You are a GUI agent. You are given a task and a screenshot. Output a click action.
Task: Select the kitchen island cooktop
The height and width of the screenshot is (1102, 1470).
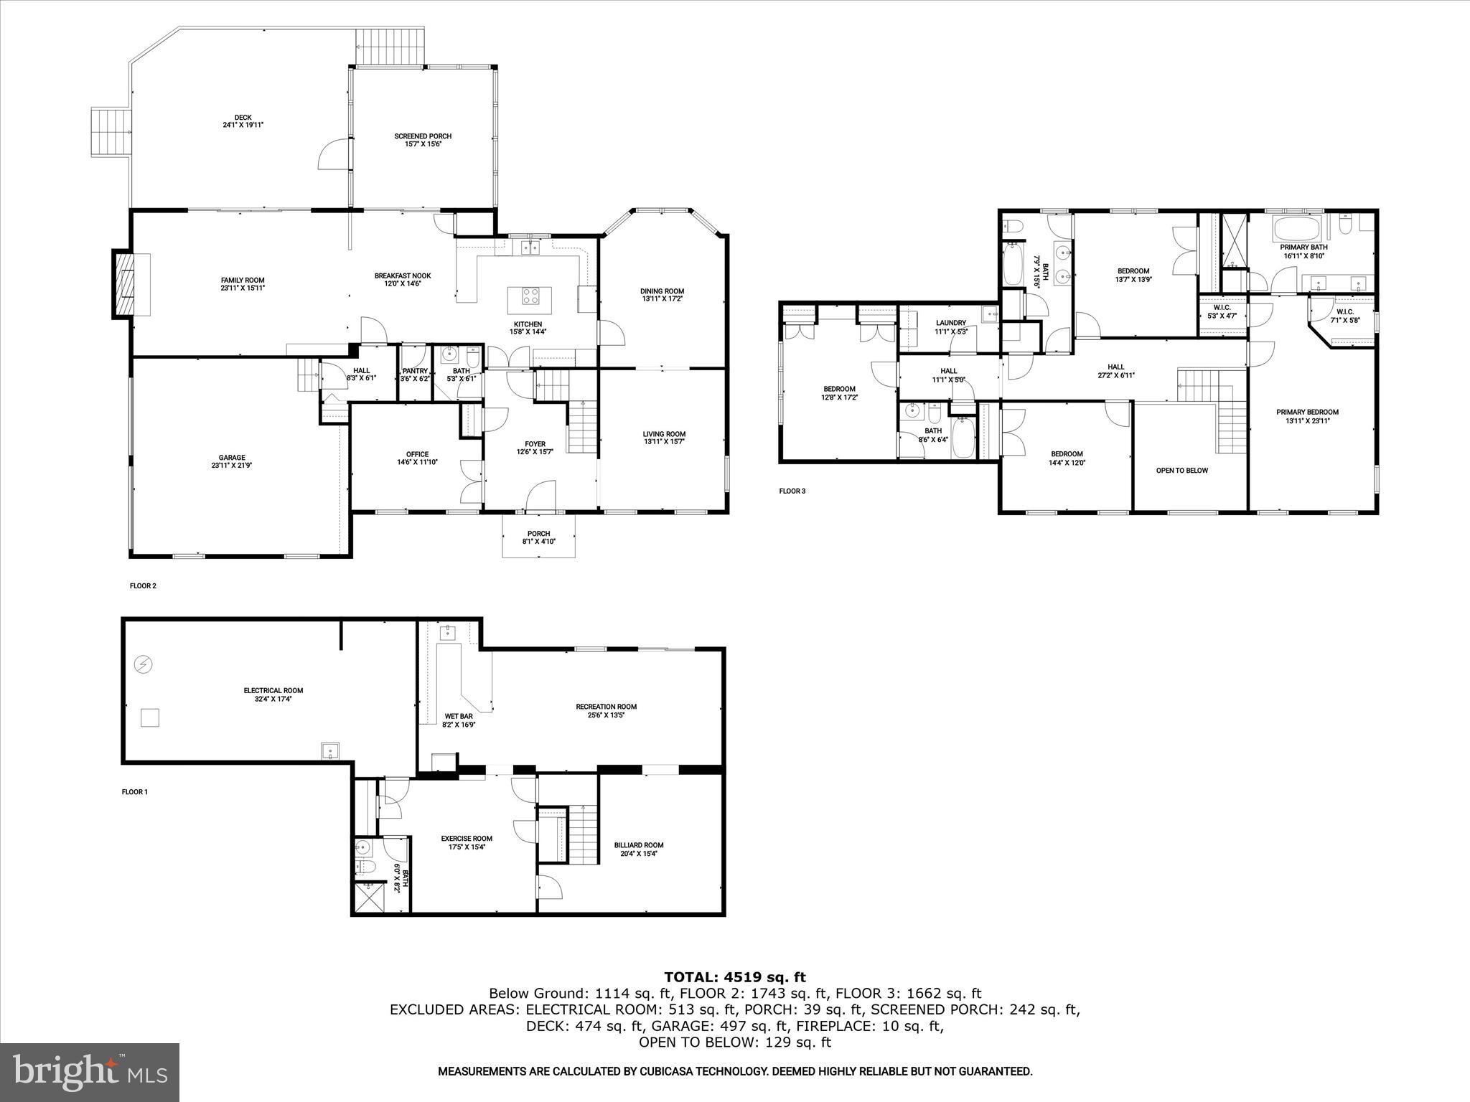pyautogui.click(x=530, y=296)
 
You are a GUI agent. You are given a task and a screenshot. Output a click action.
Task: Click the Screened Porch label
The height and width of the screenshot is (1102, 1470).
pyautogui.click(x=423, y=136)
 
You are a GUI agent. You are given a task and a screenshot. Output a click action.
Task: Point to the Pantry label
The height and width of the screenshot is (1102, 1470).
pyautogui.click(x=415, y=371)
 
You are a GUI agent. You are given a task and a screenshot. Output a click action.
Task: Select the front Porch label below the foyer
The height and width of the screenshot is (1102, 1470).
pyautogui.click(x=538, y=534)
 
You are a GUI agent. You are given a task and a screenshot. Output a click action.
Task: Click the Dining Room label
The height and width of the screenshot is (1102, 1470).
pyautogui.click(x=662, y=291)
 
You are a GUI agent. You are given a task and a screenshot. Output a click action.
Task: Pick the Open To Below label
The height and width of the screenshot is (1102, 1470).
pyautogui.click(x=1181, y=471)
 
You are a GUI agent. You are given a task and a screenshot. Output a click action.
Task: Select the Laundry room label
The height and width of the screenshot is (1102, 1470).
pyautogui.click(x=950, y=323)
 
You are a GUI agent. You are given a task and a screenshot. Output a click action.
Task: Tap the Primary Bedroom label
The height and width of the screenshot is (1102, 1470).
pyautogui.click(x=1307, y=412)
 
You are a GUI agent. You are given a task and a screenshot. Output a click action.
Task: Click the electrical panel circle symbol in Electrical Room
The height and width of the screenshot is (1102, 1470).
pyautogui.click(x=144, y=665)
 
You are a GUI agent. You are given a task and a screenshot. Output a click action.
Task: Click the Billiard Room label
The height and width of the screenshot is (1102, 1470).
pyautogui.click(x=638, y=845)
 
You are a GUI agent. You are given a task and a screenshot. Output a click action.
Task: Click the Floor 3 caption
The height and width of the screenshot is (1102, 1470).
pyautogui.click(x=792, y=491)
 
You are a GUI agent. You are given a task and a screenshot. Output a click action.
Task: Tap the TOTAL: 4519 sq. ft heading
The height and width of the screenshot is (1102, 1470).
pyautogui.click(x=734, y=977)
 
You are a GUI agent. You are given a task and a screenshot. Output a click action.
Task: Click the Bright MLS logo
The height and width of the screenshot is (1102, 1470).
pyautogui.click(x=90, y=1073)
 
